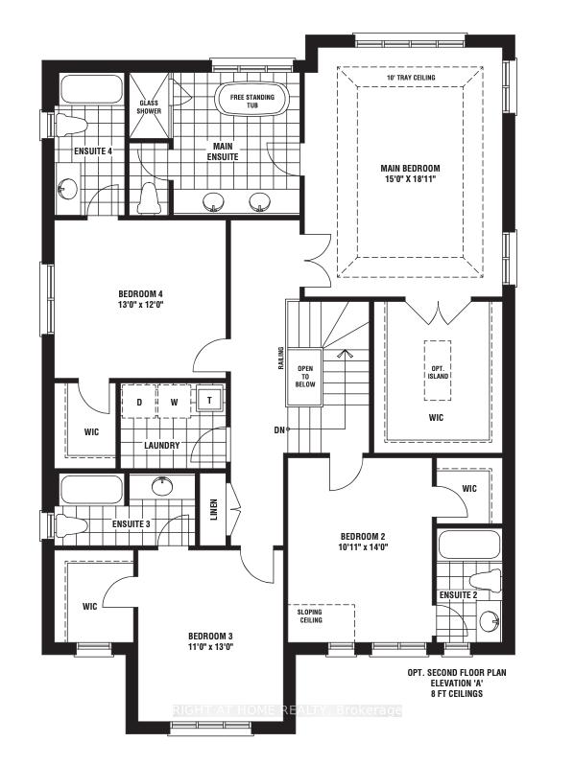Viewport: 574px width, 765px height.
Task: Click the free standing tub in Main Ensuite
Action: [252, 100]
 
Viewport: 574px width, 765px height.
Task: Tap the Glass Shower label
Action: [149, 106]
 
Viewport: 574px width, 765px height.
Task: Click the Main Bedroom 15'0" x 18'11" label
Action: [410, 174]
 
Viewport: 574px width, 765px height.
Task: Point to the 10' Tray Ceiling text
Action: [411, 78]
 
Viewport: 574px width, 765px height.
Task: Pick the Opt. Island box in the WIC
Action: [437, 370]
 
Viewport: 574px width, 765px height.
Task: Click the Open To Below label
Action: [305, 376]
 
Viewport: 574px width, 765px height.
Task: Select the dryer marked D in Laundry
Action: [139, 402]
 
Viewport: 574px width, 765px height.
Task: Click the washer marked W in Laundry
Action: [175, 402]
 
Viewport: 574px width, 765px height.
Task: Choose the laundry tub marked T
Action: [209, 400]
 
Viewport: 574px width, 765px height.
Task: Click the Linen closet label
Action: [213, 509]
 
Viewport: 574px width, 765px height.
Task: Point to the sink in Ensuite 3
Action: [161, 486]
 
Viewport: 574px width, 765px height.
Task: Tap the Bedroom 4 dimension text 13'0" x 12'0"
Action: [140, 305]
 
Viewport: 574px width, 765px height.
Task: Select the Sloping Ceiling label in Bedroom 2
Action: [311, 616]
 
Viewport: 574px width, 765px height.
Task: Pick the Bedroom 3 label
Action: [210, 637]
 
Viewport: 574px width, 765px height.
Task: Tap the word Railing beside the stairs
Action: [281, 359]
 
